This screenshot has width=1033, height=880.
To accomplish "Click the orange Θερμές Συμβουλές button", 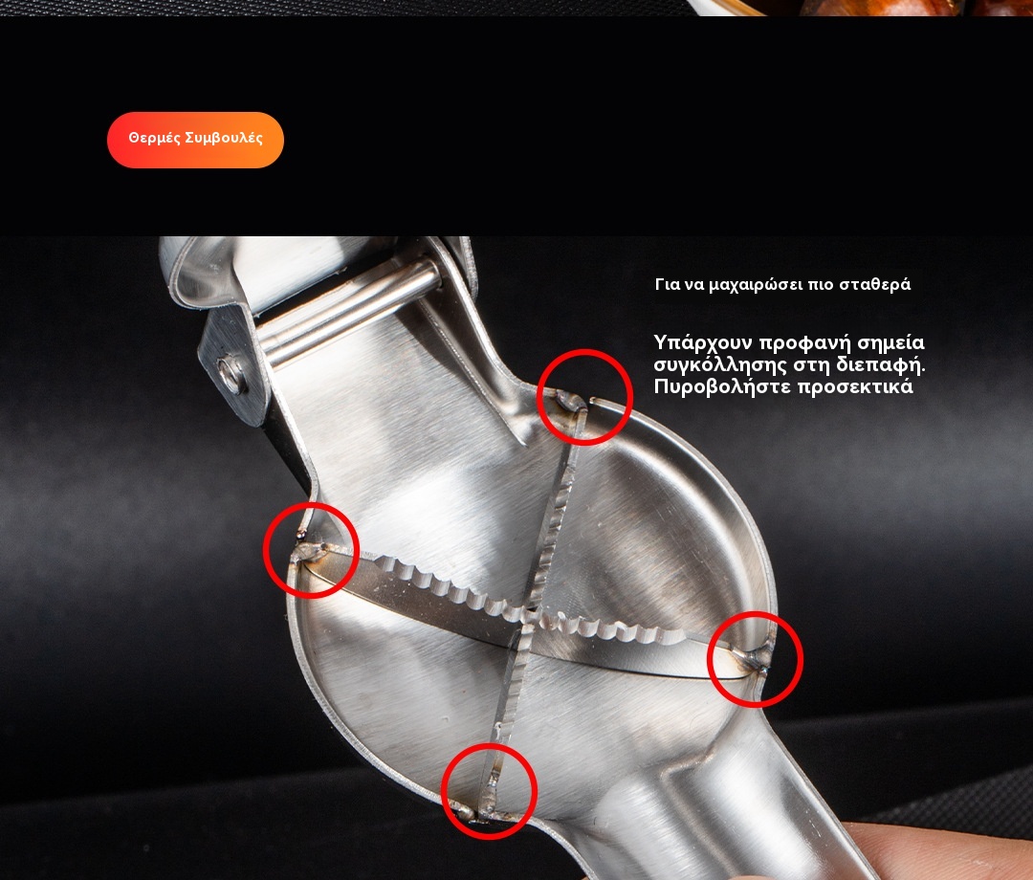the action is point(196,140).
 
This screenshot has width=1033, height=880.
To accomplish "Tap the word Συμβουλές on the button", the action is point(224,138).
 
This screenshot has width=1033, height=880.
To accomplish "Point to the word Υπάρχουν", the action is point(702,343).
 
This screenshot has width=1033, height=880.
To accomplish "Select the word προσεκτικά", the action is point(856,386).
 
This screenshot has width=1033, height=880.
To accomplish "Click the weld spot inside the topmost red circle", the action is point(570,401).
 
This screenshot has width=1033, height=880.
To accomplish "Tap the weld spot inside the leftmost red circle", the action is point(308,552).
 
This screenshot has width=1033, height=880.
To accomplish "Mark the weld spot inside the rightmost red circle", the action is point(757,659).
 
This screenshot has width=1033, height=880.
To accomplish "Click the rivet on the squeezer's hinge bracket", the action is point(231,375).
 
